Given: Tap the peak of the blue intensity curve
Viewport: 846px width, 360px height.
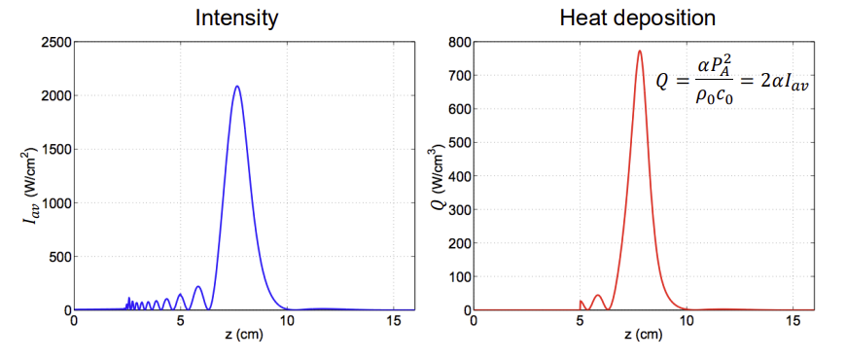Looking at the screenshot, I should tap(236, 87).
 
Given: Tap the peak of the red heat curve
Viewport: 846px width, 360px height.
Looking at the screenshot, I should tap(639, 52).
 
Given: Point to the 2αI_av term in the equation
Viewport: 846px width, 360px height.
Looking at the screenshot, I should tap(784, 85).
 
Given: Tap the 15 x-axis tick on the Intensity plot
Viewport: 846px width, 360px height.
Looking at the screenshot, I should tap(391, 319).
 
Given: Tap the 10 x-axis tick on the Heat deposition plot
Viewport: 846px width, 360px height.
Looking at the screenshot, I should tap(687, 319).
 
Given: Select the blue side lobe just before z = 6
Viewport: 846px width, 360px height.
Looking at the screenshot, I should tap(198, 287).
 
